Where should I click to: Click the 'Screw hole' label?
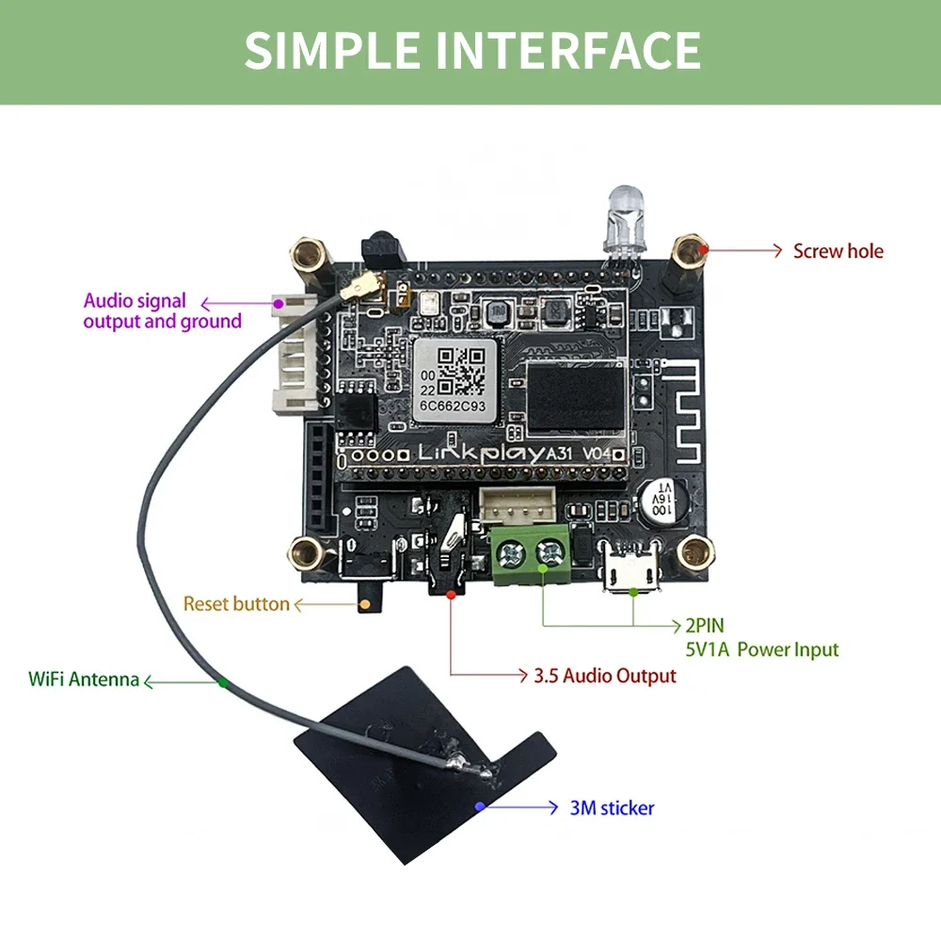[x=837, y=251]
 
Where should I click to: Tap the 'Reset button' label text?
[x=236, y=604]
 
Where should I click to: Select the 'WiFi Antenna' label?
[x=84, y=679]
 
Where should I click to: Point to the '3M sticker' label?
[x=612, y=807]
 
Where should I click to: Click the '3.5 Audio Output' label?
[x=605, y=676]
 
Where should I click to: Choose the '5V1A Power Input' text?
[x=762, y=649]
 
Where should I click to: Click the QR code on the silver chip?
[x=461, y=372]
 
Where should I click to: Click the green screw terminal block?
[x=531, y=554]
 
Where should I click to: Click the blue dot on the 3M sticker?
[x=480, y=806]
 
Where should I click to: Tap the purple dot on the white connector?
[x=279, y=304]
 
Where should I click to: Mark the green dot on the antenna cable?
[x=223, y=682]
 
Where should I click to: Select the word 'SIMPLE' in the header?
[x=333, y=51]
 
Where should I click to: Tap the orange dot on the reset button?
[x=365, y=604]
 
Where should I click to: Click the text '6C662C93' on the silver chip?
[x=453, y=407]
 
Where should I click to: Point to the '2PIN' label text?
[x=705, y=626]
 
